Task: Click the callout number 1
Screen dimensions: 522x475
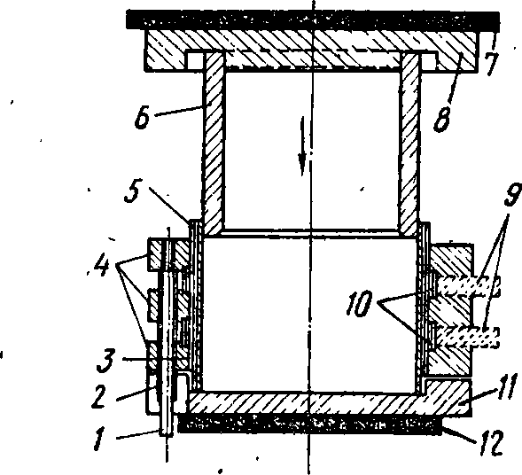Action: pos(100,440)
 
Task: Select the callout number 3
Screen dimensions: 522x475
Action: pos(105,362)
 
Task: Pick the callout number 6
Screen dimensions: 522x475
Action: pos(143,118)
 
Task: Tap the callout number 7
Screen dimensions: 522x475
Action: pos(493,64)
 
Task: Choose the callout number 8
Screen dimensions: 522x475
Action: pos(442,120)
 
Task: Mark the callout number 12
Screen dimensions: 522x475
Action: pos(490,444)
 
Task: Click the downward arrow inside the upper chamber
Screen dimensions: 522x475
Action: pos(302,145)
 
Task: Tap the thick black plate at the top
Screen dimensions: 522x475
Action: pos(313,19)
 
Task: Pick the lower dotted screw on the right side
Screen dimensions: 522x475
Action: pos(469,337)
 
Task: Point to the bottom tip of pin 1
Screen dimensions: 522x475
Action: pos(166,435)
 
